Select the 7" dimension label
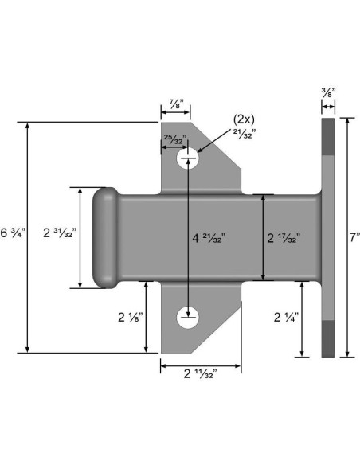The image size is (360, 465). (x=354, y=236)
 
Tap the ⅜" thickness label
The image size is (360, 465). (x=327, y=92)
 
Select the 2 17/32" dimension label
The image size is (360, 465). (x=283, y=237)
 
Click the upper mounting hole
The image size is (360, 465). (x=186, y=160)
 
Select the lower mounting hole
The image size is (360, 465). (x=186, y=319)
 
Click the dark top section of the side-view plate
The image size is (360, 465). (x=327, y=135)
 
